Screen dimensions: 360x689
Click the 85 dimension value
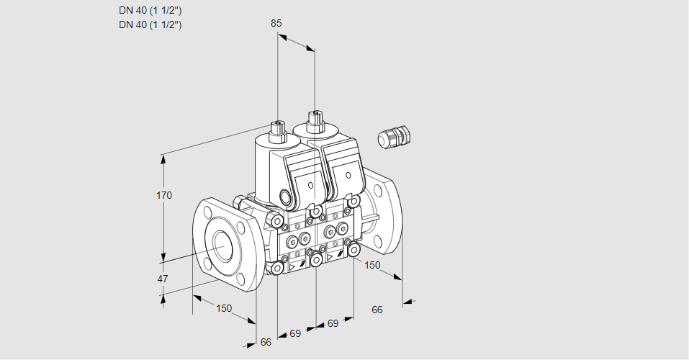point(276,23)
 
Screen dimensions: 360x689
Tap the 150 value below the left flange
point(225,308)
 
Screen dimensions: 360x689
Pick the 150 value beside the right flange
point(371,265)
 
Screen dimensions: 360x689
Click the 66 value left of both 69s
point(266,342)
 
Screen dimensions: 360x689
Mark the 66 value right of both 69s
point(377,310)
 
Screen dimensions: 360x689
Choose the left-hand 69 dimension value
point(295,333)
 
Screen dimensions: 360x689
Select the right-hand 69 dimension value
point(333,323)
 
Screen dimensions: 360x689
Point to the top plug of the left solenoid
point(276,130)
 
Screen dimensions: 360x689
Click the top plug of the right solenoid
point(314,120)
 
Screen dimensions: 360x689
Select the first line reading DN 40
point(150,10)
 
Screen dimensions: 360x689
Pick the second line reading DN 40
point(150,24)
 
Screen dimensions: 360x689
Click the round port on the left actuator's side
point(287,197)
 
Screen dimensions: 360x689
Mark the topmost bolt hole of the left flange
point(208,211)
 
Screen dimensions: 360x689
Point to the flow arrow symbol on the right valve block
point(330,256)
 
